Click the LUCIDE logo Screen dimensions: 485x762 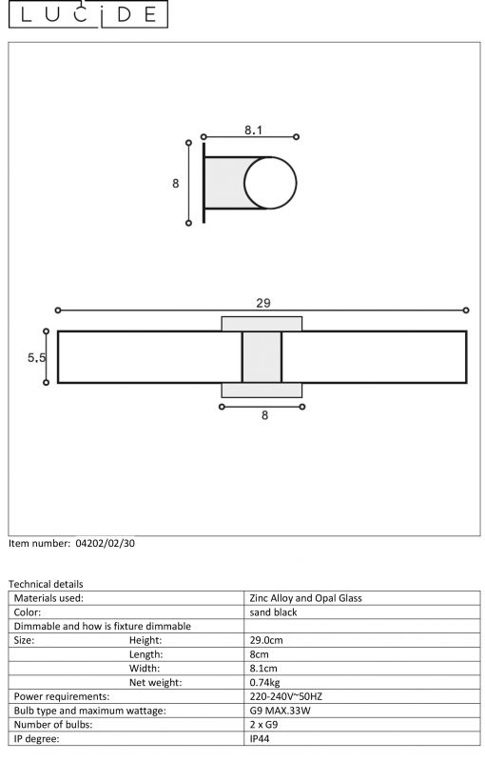(87, 13)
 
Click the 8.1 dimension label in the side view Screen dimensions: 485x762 (253, 130)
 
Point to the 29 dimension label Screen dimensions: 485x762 (262, 303)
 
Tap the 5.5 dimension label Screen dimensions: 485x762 (36, 358)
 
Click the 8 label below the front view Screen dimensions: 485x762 (264, 415)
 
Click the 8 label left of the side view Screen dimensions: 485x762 (175, 183)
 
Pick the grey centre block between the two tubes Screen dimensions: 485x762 (262, 357)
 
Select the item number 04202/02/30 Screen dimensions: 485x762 (106, 543)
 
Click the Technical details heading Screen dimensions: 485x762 (46, 584)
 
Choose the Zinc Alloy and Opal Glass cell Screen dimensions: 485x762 (305, 598)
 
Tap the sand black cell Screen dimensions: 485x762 (273, 612)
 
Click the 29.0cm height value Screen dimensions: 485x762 (265, 640)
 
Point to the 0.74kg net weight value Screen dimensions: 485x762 (264, 682)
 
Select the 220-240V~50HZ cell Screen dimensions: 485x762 (285, 696)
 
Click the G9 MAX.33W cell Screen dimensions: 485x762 (280, 711)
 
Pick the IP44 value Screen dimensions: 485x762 (259, 739)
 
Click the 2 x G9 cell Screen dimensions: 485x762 (263, 725)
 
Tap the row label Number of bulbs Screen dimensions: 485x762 (53, 725)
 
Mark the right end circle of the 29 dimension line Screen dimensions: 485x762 (466, 311)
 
